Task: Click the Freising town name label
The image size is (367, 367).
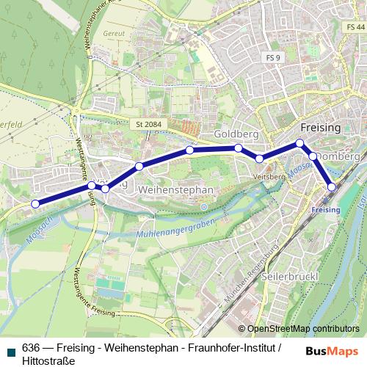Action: click(x=321, y=127)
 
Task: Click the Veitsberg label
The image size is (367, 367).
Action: click(x=268, y=177)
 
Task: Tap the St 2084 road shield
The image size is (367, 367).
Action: click(x=149, y=125)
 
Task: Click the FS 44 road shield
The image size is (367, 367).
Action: click(x=353, y=26)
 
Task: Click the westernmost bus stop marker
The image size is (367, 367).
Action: click(x=35, y=203)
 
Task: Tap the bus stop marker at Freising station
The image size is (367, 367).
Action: click(x=332, y=187)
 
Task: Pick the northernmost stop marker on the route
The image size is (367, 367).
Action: click(x=299, y=143)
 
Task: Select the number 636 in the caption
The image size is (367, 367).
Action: click(x=31, y=347)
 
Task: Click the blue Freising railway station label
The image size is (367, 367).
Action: click(x=325, y=210)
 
